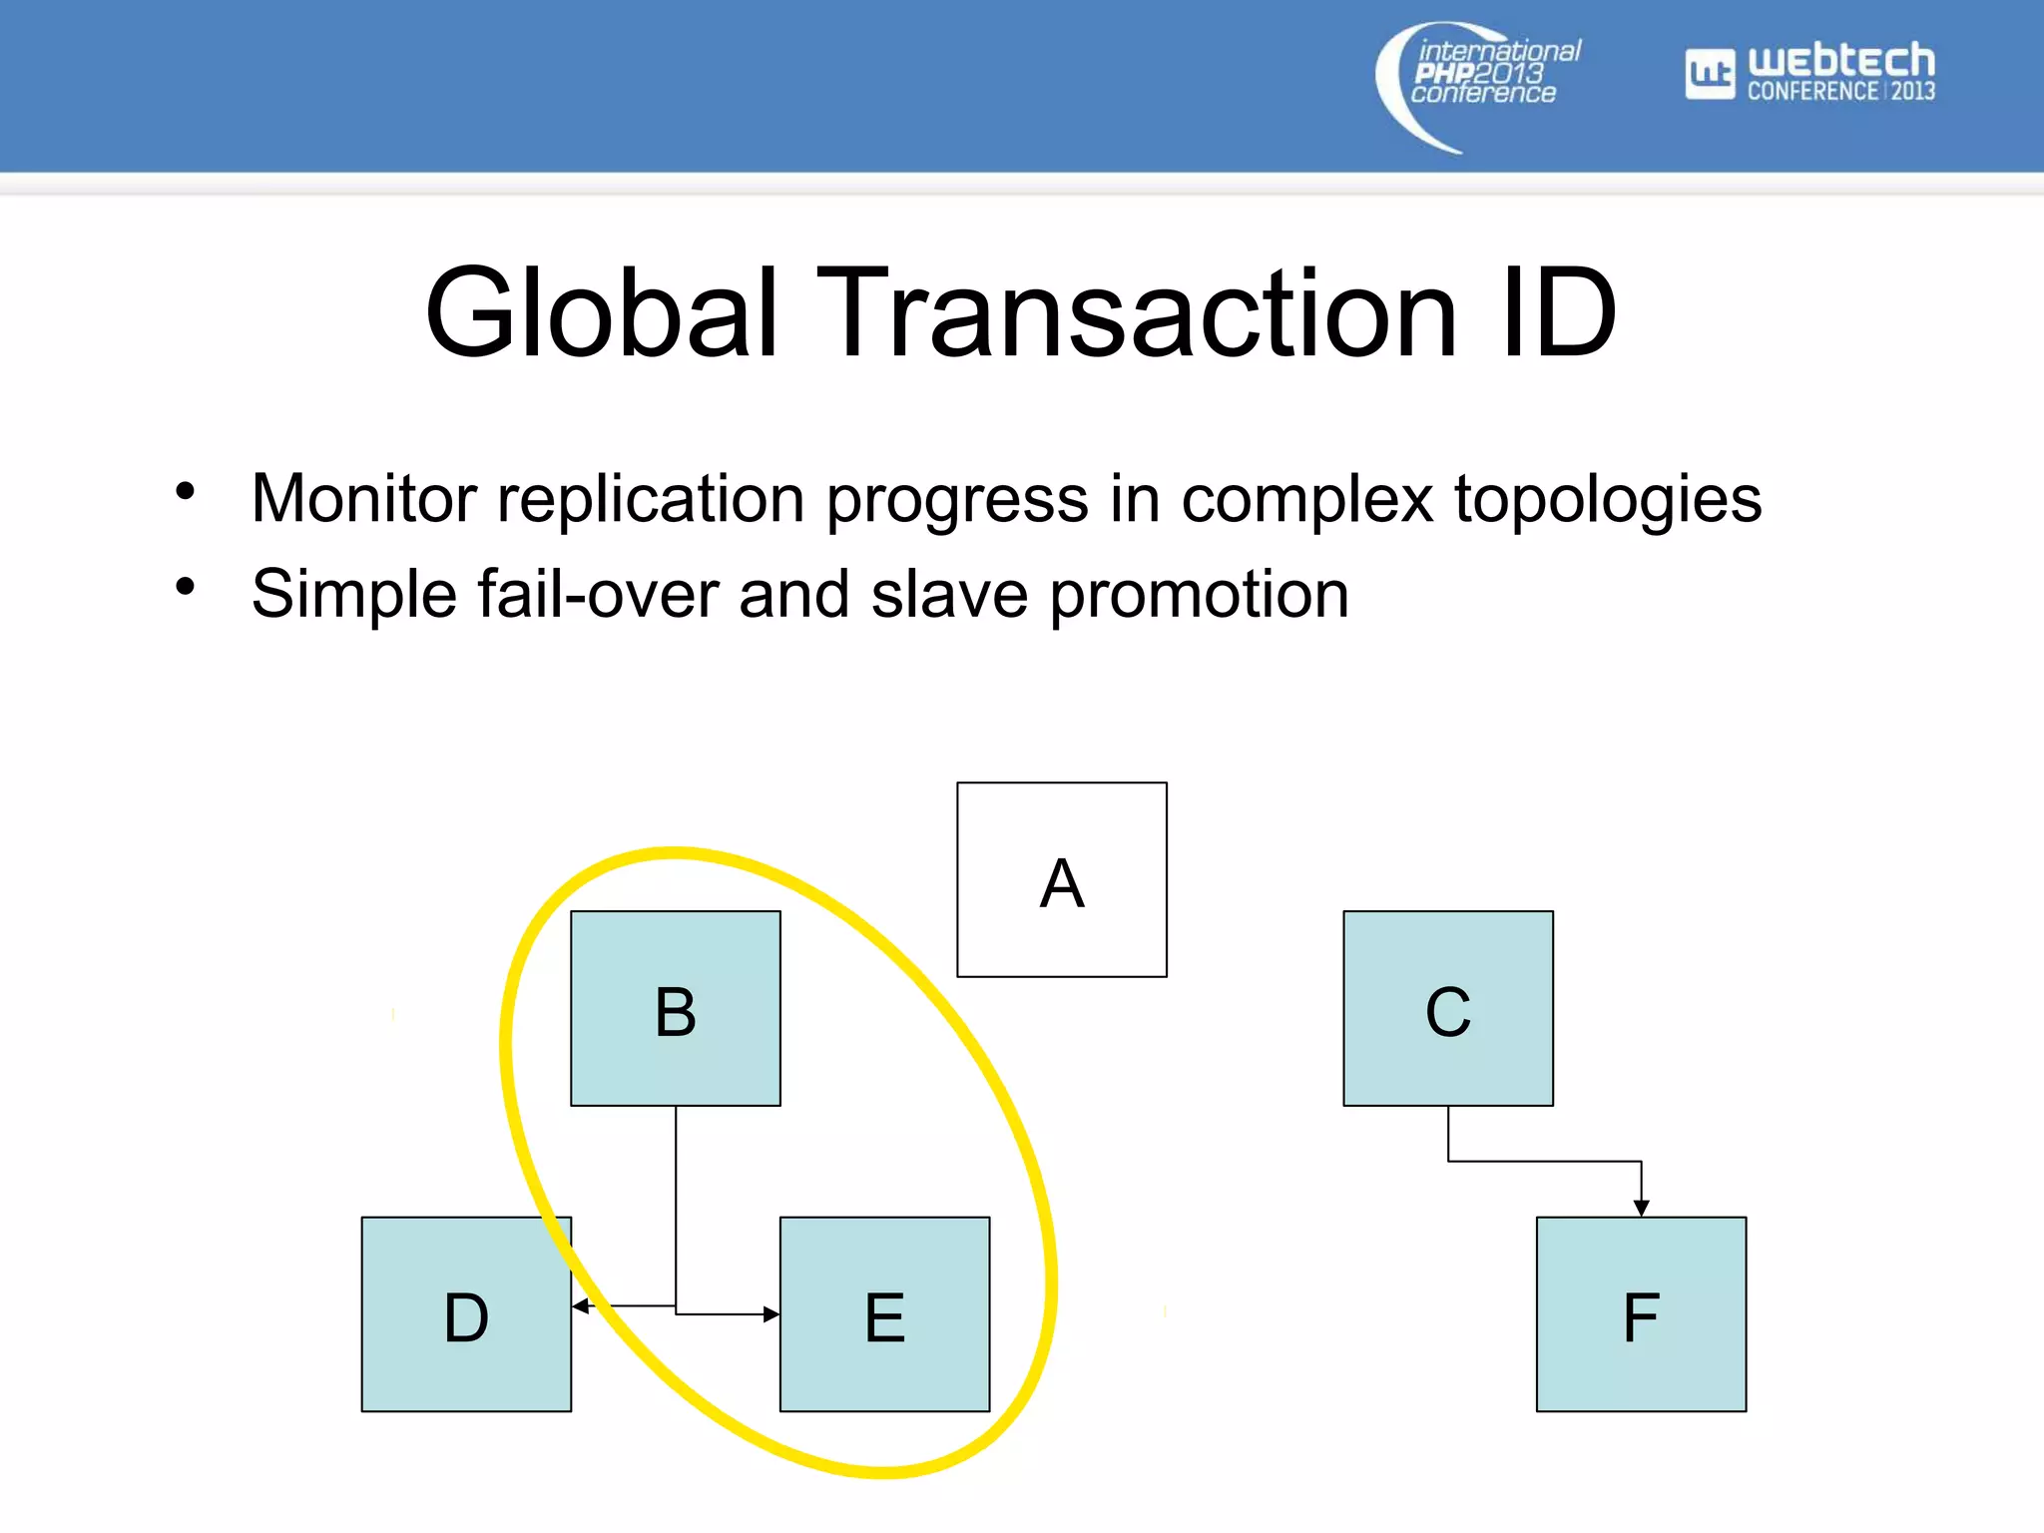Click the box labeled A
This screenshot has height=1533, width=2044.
tap(1061, 879)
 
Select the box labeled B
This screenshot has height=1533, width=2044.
tap(675, 1008)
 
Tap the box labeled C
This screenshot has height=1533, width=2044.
tap(1447, 1008)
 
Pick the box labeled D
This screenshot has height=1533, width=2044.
tap(466, 1313)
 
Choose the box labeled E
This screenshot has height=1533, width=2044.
tap(884, 1313)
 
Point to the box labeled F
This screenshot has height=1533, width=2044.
tap(1641, 1313)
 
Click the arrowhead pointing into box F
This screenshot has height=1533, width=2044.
tap(1641, 1208)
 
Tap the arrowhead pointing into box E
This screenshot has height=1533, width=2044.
tap(770, 1314)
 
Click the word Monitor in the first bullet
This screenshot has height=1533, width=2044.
tap(363, 498)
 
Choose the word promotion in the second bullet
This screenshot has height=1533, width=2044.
tap(1199, 594)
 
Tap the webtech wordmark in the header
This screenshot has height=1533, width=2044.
tap(1840, 61)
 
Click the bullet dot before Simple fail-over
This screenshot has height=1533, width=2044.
tap(185, 587)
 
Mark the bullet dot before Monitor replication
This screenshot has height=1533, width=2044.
tap(185, 491)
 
